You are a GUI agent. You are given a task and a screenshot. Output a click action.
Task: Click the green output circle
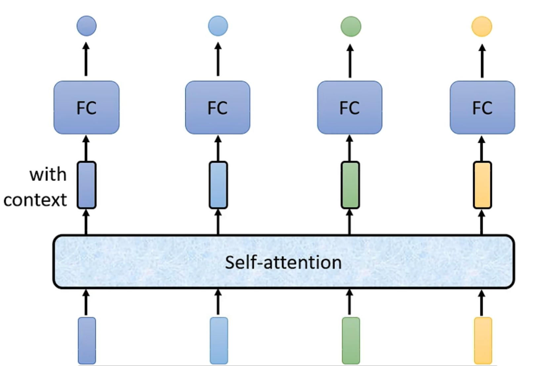(351, 26)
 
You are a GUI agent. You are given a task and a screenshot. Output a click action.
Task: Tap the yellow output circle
(482, 26)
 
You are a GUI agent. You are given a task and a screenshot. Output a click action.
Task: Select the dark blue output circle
(87, 26)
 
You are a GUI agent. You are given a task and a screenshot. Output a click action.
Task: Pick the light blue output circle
(218, 26)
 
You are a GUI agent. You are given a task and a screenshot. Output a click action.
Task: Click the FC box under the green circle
(350, 108)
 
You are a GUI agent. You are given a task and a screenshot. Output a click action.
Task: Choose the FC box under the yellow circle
(482, 108)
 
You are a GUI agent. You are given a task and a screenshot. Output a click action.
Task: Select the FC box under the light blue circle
(218, 108)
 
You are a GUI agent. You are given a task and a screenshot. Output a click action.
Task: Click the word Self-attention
(283, 262)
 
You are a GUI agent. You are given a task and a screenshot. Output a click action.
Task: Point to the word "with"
(48, 174)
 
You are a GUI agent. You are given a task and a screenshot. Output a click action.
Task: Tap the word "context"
(35, 200)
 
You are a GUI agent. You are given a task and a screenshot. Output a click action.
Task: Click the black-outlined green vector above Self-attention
(350, 185)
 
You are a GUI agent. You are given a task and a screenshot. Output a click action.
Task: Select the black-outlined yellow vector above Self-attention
(482, 185)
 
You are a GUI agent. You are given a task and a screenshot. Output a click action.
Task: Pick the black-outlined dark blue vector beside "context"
(87, 185)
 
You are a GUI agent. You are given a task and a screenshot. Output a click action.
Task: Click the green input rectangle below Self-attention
(351, 341)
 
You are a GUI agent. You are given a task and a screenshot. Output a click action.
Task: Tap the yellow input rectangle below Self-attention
(483, 341)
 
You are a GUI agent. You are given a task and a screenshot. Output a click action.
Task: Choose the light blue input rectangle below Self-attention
(219, 341)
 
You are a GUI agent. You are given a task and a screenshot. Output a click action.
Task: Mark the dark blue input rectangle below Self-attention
(87, 341)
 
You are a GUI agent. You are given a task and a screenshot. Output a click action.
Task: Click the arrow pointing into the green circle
(350, 61)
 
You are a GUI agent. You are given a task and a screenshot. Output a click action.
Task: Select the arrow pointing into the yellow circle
(482, 61)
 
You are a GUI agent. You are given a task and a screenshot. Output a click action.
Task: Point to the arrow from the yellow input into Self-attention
(482, 303)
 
